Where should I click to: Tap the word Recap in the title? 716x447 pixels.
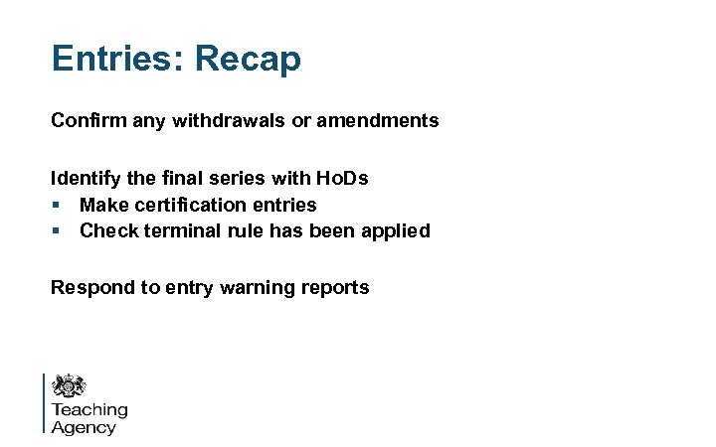(248, 59)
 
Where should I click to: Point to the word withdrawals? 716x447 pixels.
(221, 121)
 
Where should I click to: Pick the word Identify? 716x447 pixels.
(85, 179)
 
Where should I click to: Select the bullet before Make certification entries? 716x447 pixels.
(58, 206)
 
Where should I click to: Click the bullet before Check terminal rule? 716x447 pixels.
(58, 231)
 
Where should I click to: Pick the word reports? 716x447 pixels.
(335, 288)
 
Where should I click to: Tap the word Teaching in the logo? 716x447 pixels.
(89, 410)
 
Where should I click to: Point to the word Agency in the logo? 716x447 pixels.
(84, 428)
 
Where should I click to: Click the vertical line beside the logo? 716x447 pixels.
(45, 402)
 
